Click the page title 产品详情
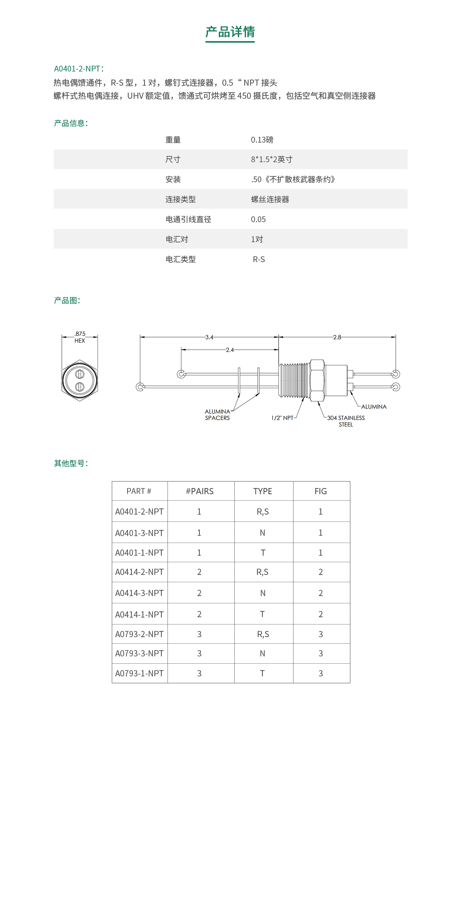[x=230, y=32]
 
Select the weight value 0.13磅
[x=262, y=140]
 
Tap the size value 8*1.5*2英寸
[x=272, y=159]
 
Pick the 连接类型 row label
[x=181, y=199]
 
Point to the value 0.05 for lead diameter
[x=258, y=219]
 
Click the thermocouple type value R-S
[x=259, y=259]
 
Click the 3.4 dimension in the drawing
[x=209, y=337]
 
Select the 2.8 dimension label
[x=337, y=337]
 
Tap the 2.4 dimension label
[x=230, y=350]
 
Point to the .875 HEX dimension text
[x=80, y=337]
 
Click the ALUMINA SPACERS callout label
[x=217, y=415]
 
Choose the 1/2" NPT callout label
[x=282, y=418]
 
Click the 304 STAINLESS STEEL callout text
[x=346, y=421]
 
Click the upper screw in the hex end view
[x=80, y=374]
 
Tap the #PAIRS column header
[x=200, y=491]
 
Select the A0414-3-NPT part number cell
[x=139, y=593]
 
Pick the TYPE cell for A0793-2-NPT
[x=263, y=634]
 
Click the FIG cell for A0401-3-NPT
[x=320, y=533]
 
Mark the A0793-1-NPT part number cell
[x=139, y=673]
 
